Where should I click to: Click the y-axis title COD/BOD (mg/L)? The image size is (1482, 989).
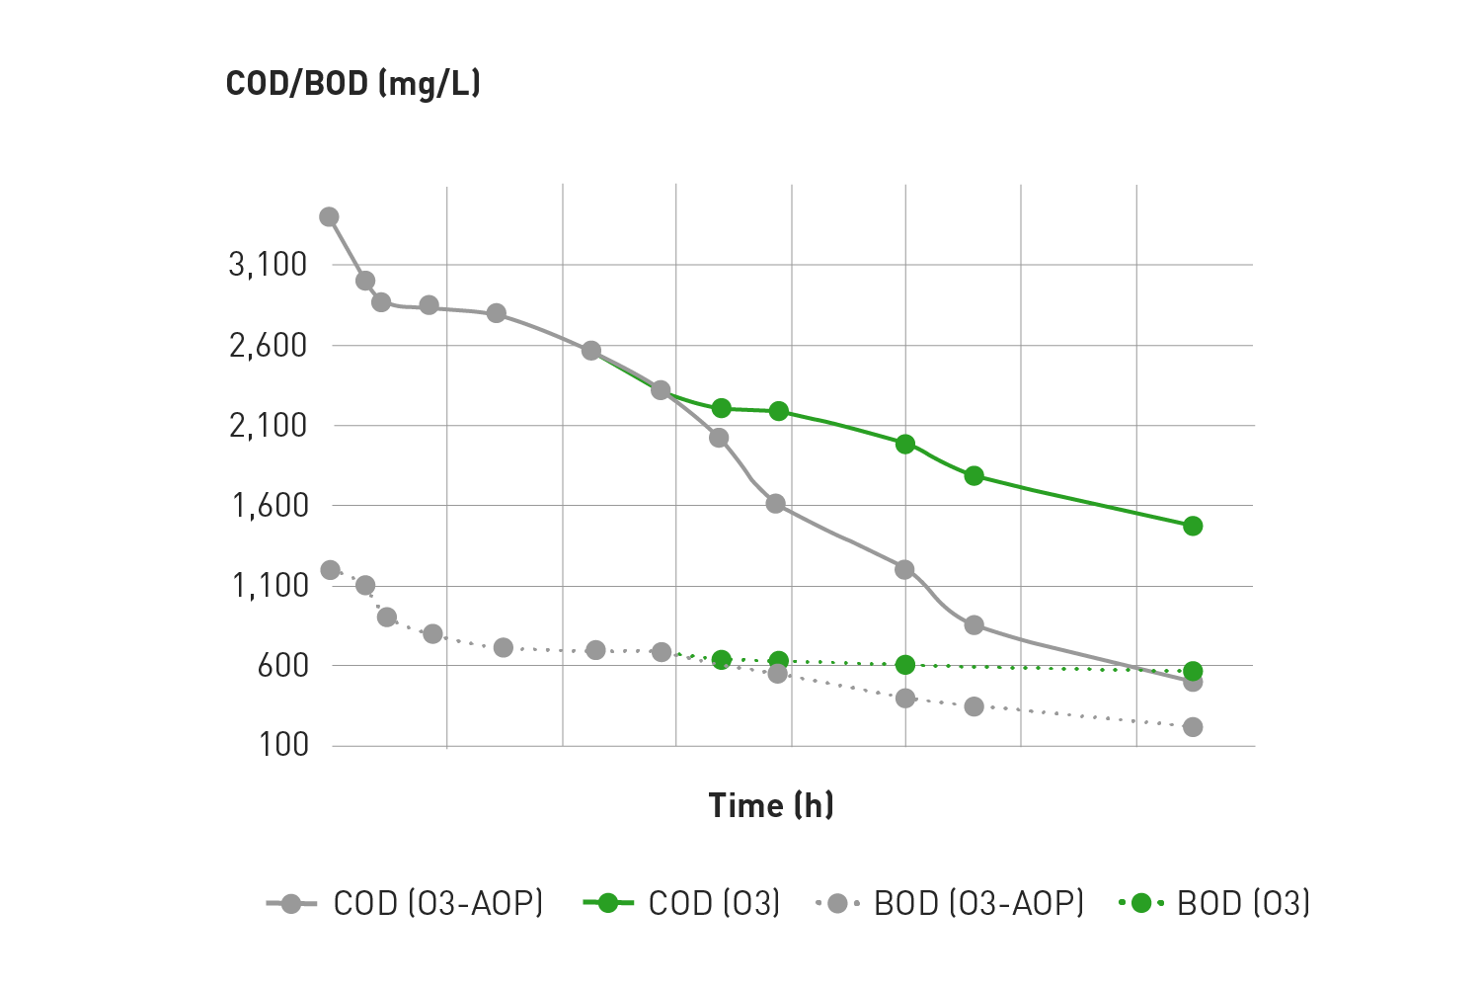click(x=352, y=84)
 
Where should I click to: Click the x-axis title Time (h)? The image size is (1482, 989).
click(x=771, y=805)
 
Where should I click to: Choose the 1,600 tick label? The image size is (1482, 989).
click(x=270, y=506)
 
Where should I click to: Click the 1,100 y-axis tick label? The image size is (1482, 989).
click(x=270, y=586)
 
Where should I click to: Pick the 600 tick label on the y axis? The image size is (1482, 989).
click(x=283, y=666)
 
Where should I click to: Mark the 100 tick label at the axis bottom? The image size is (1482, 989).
click(x=283, y=745)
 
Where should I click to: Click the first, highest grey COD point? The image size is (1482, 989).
click(x=330, y=217)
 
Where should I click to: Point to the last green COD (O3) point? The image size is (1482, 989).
click(x=1193, y=526)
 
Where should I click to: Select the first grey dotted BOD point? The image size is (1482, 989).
click(x=331, y=570)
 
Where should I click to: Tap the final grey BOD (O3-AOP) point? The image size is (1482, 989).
click(x=1193, y=727)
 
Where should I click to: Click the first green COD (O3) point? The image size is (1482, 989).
click(x=721, y=409)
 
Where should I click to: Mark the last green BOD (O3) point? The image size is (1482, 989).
click(x=1193, y=672)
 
